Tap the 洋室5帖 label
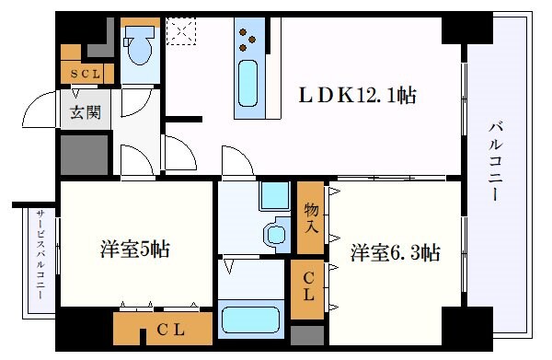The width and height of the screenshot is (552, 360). coord(133,250)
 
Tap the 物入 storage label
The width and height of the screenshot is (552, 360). coord(311,218)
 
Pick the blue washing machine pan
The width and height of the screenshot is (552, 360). coord(273,195)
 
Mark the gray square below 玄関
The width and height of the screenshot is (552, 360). coord(84,154)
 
